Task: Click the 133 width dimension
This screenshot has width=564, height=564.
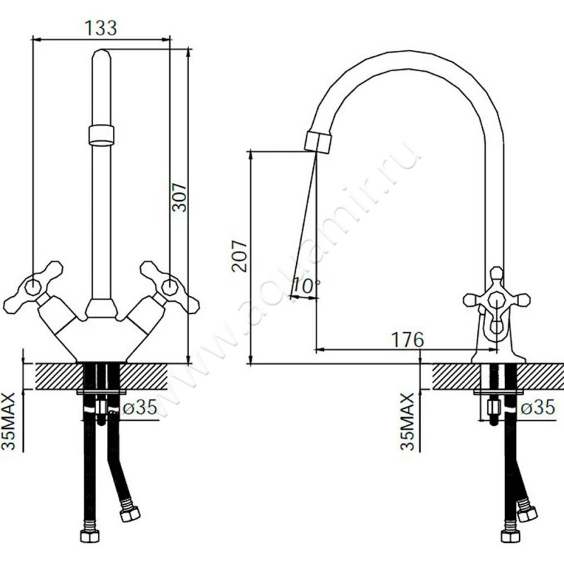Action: [101, 28]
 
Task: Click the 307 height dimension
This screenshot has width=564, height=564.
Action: [179, 197]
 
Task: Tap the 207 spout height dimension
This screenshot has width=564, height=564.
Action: [240, 256]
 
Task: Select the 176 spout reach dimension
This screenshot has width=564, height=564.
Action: [407, 340]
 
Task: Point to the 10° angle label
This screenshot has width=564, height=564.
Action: [306, 286]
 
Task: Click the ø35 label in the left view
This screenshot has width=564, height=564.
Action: [140, 408]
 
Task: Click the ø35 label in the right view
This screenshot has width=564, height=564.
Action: [538, 408]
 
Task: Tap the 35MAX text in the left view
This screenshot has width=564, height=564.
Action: [8, 421]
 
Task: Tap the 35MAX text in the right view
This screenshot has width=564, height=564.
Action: [407, 421]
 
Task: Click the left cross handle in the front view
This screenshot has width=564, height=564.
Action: [33, 287]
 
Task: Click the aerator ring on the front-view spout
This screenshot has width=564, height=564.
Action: [101, 135]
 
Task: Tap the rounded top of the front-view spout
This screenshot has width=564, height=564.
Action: [102, 55]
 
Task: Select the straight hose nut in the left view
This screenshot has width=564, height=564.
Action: [90, 537]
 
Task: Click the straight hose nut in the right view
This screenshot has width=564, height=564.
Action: [510, 537]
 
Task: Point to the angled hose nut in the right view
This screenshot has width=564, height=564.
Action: [527, 515]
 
